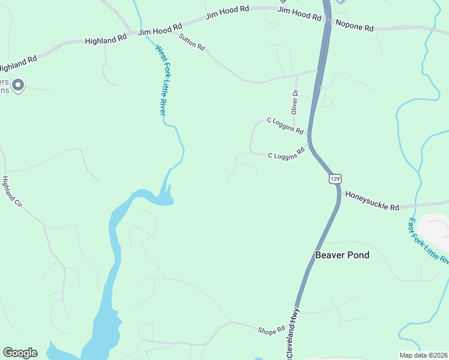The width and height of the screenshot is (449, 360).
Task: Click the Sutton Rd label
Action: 192,42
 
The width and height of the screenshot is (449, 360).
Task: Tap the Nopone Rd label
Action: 355,27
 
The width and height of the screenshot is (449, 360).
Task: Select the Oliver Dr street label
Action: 294,102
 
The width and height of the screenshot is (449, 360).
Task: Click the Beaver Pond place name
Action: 342,255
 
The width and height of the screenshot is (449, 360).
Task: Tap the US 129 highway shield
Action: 335,179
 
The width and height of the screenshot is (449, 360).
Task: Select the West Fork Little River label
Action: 160,80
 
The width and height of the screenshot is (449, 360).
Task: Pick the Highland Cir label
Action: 12,192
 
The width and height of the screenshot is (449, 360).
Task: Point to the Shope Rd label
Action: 271,331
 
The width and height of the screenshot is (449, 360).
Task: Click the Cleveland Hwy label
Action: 293,334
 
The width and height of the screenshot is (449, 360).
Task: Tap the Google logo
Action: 20,353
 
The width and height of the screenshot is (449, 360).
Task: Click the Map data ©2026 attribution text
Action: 423,355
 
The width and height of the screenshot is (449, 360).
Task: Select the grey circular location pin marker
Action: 18,86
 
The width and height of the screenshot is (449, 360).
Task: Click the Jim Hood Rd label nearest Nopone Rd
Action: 300,14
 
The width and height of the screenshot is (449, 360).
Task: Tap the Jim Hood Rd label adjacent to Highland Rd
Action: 160,30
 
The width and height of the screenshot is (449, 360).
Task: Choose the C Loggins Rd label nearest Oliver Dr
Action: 285,127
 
